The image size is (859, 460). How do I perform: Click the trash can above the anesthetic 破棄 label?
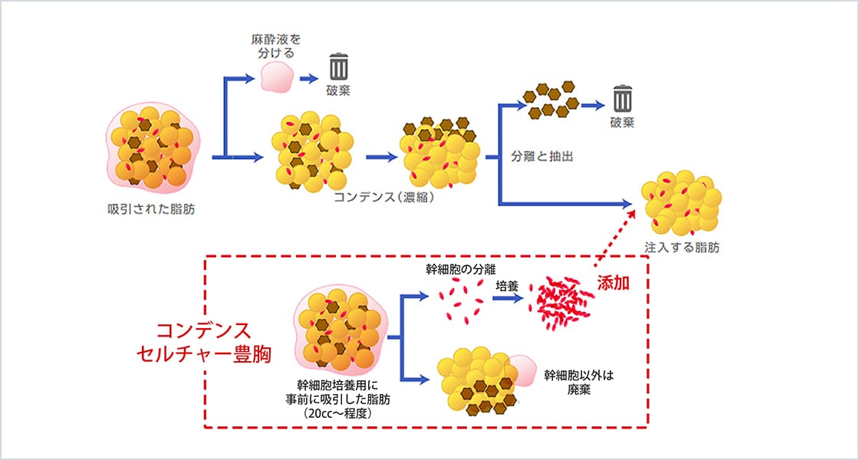pyautogui.click(x=338, y=67)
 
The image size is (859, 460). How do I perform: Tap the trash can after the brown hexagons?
pyautogui.click(x=622, y=98)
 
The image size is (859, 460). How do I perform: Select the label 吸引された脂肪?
pyautogui.click(x=151, y=209)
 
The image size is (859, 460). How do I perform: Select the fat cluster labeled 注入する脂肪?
pyautogui.click(x=681, y=207)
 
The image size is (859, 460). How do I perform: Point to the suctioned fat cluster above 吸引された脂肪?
pyautogui.click(x=151, y=147)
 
